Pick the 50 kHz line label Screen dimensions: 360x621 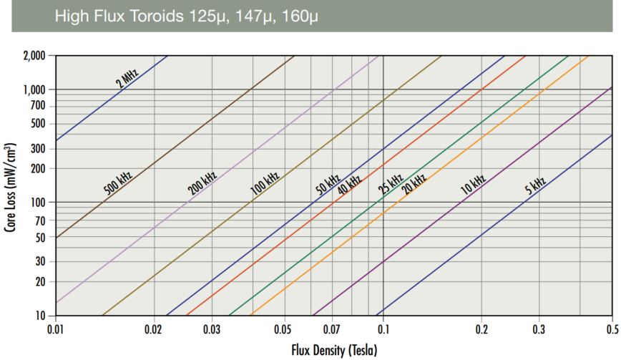pyautogui.click(x=328, y=185)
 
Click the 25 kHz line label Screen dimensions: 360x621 pyautogui.click(x=391, y=184)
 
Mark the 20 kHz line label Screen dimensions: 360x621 pyautogui.click(x=414, y=184)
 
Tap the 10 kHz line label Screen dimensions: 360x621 pyautogui.click(x=474, y=185)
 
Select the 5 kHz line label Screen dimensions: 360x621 pyautogui.click(x=535, y=185)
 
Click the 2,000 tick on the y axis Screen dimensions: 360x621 pyautogui.click(x=33, y=56)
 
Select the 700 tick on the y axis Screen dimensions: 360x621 pyautogui.click(x=38, y=106)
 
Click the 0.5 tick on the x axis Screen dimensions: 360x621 pyautogui.click(x=612, y=329)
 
